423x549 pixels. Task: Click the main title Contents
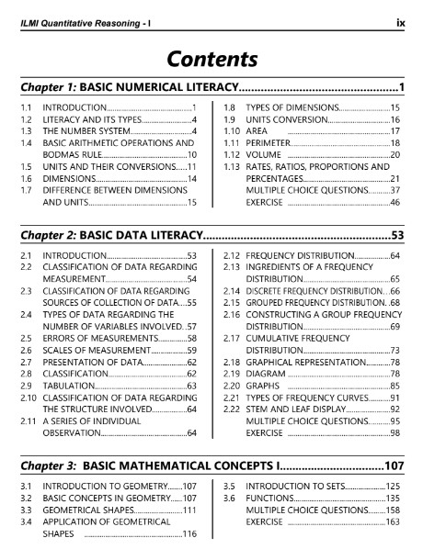[x=211, y=60]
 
